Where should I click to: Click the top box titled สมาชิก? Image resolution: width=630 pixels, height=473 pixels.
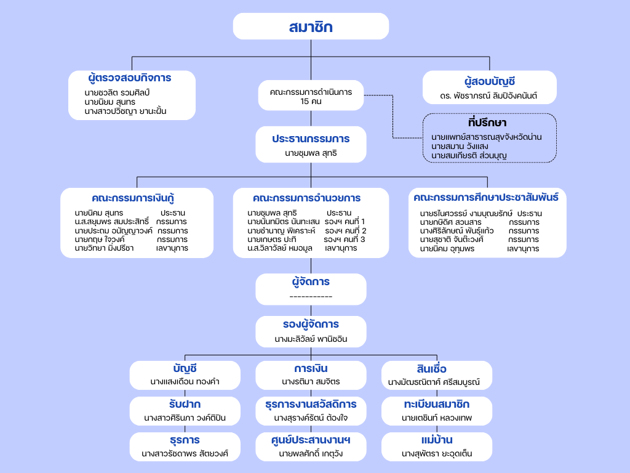tap(311, 26)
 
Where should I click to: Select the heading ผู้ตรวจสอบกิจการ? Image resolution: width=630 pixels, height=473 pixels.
tap(129, 78)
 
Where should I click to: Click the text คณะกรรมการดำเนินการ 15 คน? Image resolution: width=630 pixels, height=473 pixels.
tap(311, 97)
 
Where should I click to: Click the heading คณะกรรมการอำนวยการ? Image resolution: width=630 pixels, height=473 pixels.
tap(306, 198)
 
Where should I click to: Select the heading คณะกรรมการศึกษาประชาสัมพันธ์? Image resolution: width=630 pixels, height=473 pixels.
tap(486, 198)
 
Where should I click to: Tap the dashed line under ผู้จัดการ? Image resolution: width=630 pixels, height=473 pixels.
tap(311, 297)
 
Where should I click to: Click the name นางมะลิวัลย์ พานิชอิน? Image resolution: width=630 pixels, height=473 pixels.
tap(311, 339)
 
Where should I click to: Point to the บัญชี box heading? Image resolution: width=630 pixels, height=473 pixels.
tap(185, 369)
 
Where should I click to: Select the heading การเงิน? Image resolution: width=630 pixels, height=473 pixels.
tap(311, 369)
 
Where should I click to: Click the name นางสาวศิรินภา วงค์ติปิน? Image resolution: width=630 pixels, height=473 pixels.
tap(185, 418)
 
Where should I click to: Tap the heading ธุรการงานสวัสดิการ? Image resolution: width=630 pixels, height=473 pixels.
tap(311, 405)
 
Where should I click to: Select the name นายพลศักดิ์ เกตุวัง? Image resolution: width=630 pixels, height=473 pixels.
tap(311, 454)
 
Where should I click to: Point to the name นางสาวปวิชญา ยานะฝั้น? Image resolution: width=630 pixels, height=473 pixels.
tap(126, 111)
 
